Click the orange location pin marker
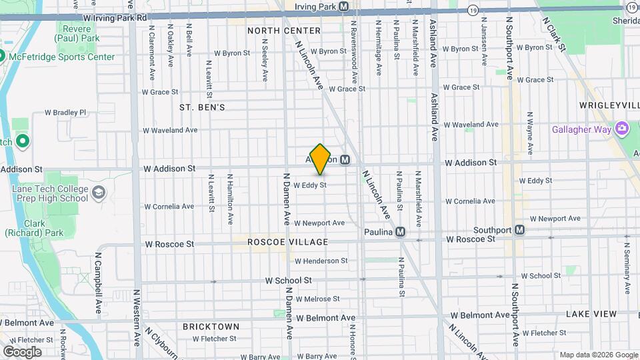pyautogui.click(x=321, y=159)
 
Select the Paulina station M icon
pyautogui.click(x=400, y=232)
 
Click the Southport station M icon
pyautogui.click(x=519, y=230)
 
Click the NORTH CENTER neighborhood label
pyautogui.click(x=275, y=31)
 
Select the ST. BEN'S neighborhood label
pyautogui.click(x=202, y=107)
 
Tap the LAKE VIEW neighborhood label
pyautogui.click(x=591, y=313)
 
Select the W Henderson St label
pyautogui.click(x=321, y=261)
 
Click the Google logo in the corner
pyautogui.click(x=22, y=351)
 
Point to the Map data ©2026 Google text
pyautogui.click(x=598, y=355)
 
